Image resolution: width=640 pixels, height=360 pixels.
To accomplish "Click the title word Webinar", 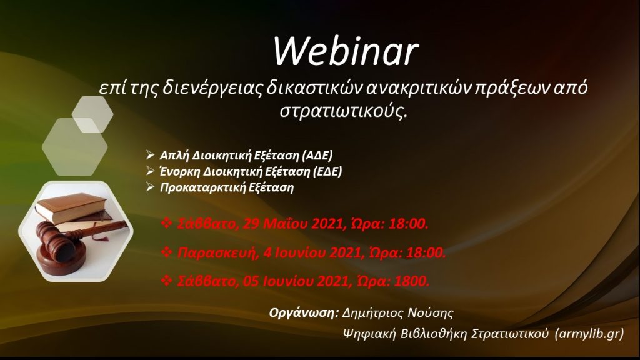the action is tap(346, 51).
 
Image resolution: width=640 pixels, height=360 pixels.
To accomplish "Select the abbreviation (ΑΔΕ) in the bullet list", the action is tap(317, 156).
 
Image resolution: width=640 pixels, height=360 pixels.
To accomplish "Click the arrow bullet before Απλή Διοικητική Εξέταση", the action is tap(150, 155).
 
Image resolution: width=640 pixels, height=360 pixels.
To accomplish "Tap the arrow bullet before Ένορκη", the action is tap(150, 171).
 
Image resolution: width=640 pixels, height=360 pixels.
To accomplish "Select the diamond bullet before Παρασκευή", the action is tap(166, 252).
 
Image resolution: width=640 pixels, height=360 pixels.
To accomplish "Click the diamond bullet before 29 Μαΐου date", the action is tap(166, 223).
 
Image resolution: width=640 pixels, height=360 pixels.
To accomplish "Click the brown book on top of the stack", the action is tap(71, 207).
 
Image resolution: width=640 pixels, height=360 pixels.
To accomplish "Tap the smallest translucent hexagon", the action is tap(92, 114).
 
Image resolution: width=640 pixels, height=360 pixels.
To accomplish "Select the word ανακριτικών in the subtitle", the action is tap(417, 88).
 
